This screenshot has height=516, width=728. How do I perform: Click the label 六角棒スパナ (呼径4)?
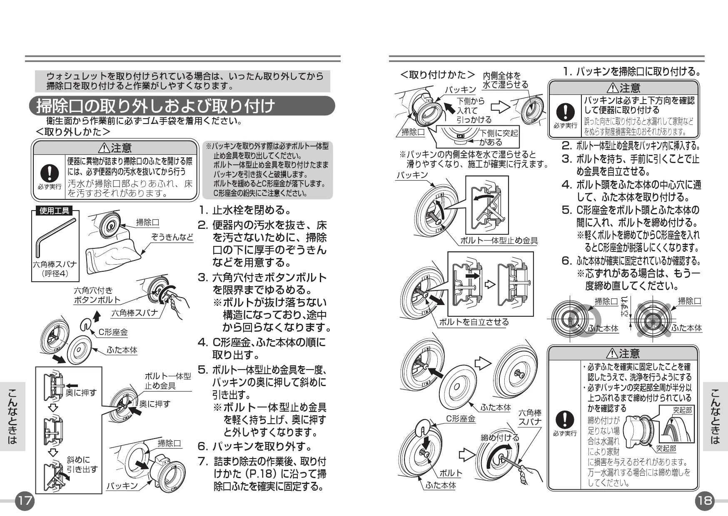(55, 269)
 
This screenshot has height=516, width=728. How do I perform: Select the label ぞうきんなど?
(172, 237)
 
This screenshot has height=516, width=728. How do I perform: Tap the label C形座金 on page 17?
(113, 332)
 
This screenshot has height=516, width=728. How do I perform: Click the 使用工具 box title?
(54, 211)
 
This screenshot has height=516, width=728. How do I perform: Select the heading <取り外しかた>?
(73, 132)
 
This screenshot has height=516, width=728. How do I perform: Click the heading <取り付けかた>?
(437, 75)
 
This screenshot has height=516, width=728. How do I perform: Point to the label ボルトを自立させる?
(474, 322)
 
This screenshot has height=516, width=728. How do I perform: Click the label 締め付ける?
(500, 437)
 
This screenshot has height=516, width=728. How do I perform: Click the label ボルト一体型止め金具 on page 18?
(499, 241)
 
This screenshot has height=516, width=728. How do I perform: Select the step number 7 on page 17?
(202, 461)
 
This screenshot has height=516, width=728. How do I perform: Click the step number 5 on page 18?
(566, 210)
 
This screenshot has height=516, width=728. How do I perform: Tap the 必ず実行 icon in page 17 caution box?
(49, 177)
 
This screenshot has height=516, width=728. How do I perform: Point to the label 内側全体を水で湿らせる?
(505, 80)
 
